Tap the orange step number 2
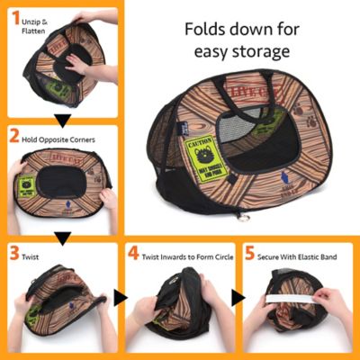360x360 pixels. point(13,139)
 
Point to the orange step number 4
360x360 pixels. point(133,256)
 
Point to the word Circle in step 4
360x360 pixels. point(211,256)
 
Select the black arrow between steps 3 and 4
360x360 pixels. point(120,297)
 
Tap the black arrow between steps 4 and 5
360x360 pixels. point(237,297)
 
